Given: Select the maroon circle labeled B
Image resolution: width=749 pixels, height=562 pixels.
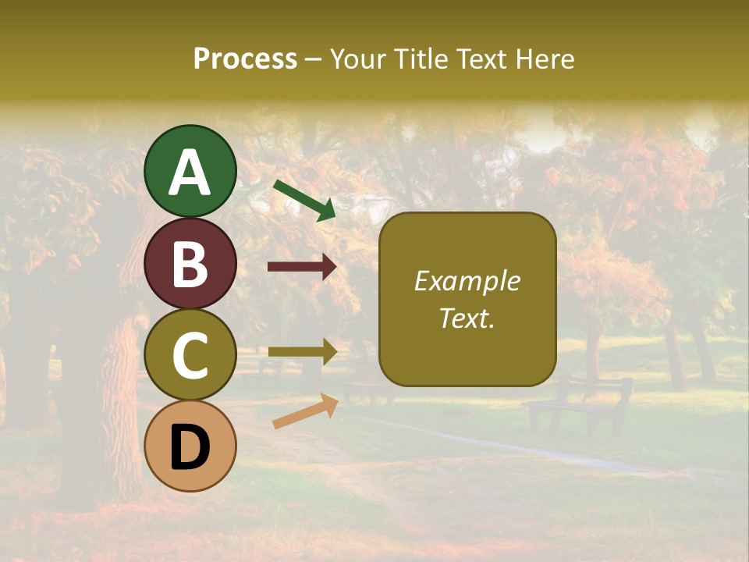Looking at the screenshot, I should [x=190, y=263].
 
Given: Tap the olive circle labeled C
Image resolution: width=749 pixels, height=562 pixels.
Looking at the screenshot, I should [x=190, y=355].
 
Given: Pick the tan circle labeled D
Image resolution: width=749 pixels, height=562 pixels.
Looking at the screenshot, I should [x=190, y=446].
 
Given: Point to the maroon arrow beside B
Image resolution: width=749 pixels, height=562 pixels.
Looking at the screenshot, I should [x=302, y=267].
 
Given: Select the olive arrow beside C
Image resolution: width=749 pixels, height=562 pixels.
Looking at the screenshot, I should [x=302, y=351].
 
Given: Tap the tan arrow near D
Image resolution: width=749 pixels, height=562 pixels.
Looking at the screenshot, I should [x=305, y=411].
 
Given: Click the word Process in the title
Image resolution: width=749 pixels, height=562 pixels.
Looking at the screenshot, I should [x=245, y=59].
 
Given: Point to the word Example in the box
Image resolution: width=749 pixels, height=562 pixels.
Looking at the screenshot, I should [x=467, y=281].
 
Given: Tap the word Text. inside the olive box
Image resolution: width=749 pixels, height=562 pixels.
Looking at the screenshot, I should [x=467, y=318].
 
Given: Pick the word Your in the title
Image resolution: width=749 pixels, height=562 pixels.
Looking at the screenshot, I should [x=355, y=59].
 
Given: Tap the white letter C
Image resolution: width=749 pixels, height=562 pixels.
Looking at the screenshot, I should [x=190, y=357].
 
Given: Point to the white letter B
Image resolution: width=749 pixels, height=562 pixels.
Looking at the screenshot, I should [x=190, y=265].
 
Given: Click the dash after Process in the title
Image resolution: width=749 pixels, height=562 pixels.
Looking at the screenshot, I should [x=314, y=60].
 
